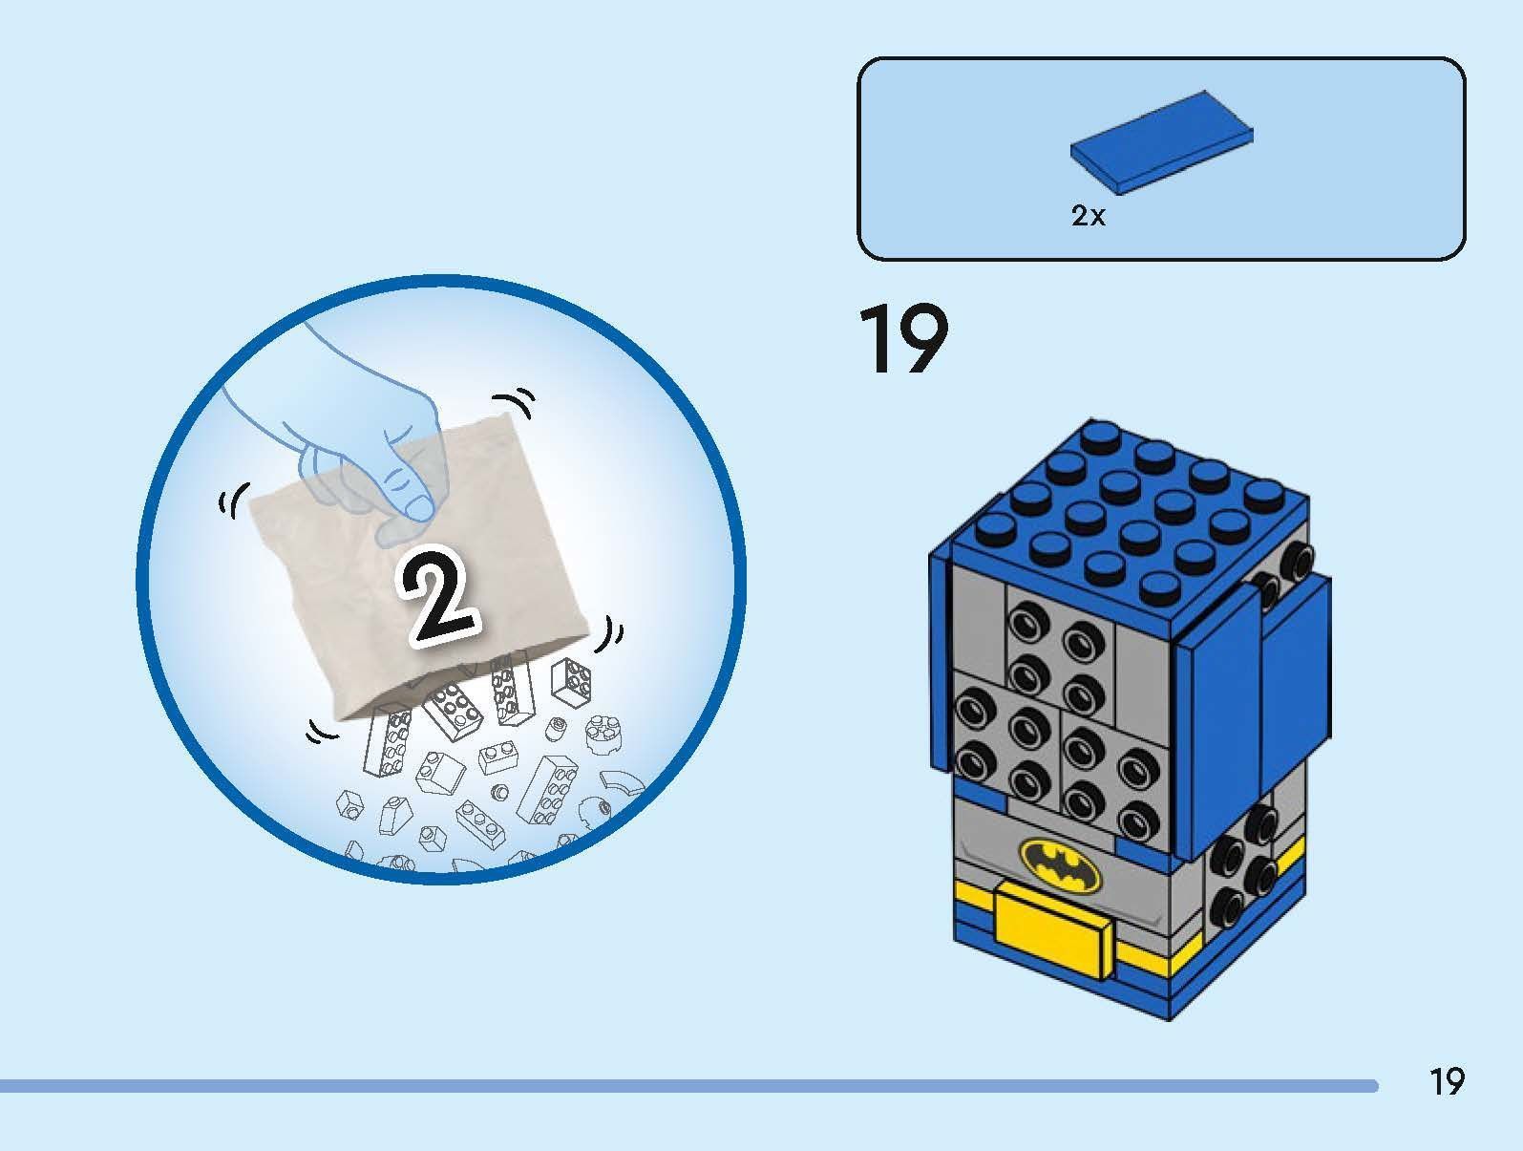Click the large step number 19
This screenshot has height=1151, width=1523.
pyautogui.click(x=903, y=339)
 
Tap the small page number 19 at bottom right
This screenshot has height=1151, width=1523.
pyautogui.click(x=1447, y=1081)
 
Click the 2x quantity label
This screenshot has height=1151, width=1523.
pyautogui.click(x=1088, y=216)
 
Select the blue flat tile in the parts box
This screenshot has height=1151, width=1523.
pyautogui.click(x=1161, y=142)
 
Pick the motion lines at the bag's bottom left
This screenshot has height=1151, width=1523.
pyautogui.click(x=320, y=732)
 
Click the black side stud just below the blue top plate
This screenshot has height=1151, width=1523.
pyautogui.click(x=1296, y=559)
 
